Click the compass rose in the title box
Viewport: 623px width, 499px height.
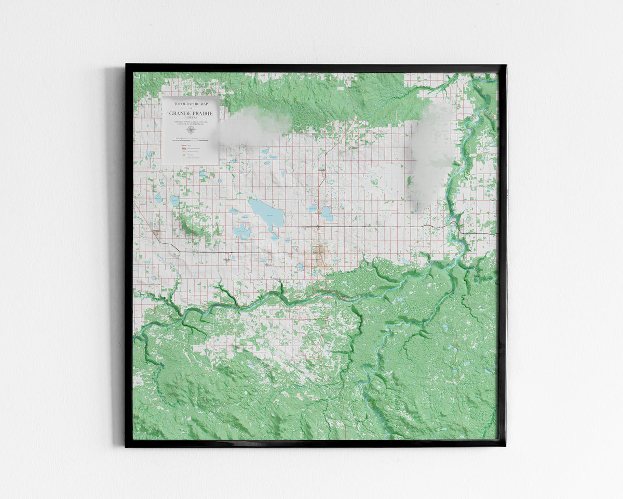pyautogui.click(x=191, y=130)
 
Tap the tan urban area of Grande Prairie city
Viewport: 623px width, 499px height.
pyautogui.click(x=319, y=254)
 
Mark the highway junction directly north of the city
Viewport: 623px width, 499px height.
pyautogui.click(x=318, y=227)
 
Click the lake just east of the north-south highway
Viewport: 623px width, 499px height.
pyautogui.click(x=327, y=213)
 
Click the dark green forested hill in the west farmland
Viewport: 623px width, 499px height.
pyautogui.click(x=186, y=225)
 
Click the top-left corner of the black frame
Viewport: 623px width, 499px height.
pyautogui.click(x=127, y=65)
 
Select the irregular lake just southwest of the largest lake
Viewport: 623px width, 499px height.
pyautogui.click(x=242, y=230)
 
